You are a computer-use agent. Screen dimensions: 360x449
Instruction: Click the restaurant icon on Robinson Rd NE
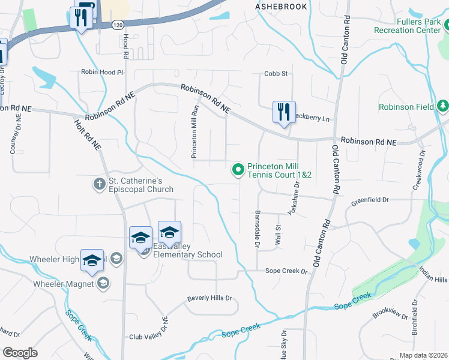click(x=283, y=112)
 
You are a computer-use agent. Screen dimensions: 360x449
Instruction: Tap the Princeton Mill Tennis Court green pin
click(x=238, y=170)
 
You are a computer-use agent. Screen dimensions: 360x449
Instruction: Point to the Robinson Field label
click(x=406, y=107)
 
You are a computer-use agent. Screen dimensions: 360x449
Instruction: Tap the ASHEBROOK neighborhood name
click(x=281, y=7)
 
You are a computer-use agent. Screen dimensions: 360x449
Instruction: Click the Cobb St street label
click(x=276, y=74)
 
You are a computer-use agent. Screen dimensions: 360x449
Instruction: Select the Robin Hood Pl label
click(x=101, y=72)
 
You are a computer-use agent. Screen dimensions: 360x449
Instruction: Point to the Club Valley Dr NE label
click(x=150, y=337)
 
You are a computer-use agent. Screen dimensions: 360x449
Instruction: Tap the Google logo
click(x=20, y=353)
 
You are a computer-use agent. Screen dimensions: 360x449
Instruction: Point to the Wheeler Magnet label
click(x=63, y=283)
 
